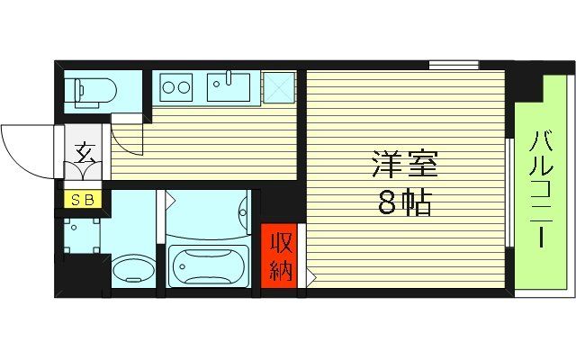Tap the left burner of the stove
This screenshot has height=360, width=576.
click(169, 88)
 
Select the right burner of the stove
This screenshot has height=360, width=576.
click(184, 88)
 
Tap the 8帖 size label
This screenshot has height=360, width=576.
click(404, 203)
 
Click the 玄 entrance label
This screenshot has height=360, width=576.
click(86, 153)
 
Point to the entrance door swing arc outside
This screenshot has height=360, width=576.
click(22, 148)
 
